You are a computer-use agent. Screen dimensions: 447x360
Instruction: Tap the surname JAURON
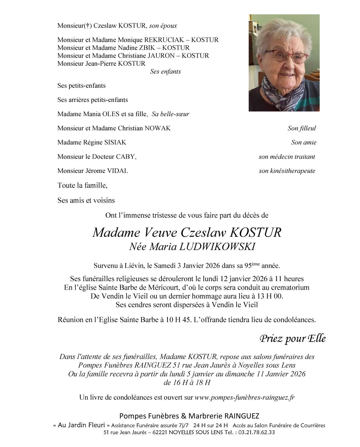point(162,56)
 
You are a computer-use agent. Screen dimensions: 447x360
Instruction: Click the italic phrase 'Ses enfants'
point(165,72)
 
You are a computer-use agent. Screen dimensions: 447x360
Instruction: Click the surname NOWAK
point(157,128)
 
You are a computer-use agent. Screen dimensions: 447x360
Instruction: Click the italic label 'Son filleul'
point(302,128)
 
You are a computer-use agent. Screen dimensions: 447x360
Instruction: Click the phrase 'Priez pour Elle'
point(292,338)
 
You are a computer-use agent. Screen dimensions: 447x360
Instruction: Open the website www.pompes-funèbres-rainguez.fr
point(244,398)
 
